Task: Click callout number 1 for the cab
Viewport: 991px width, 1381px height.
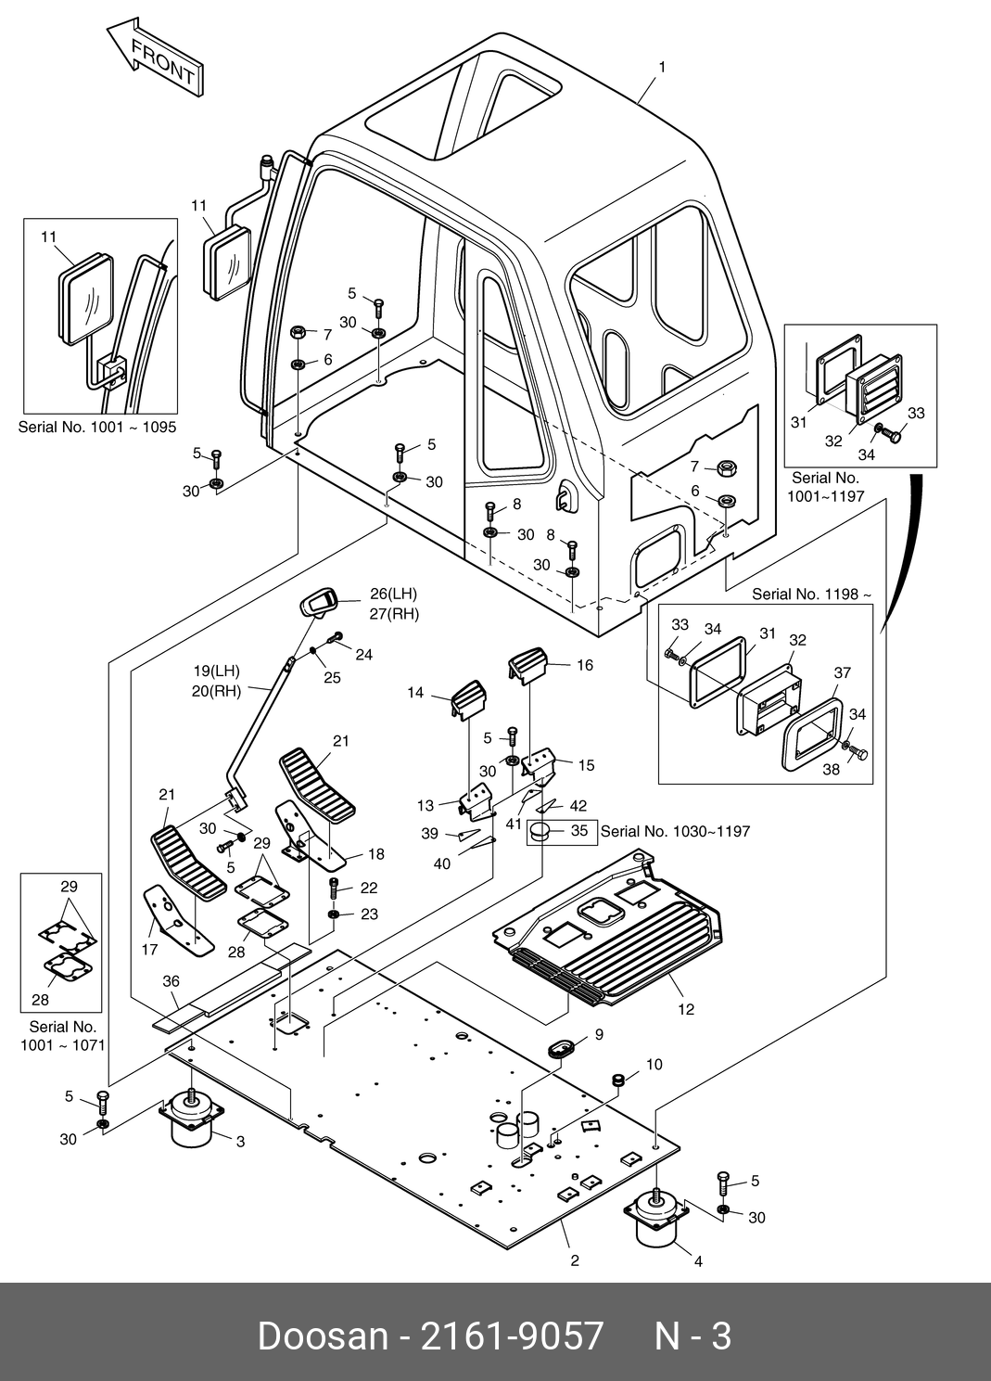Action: [662, 67]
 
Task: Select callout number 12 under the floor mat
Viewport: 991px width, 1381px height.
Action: [685, 1009]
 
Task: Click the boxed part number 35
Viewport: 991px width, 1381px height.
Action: [579, 831]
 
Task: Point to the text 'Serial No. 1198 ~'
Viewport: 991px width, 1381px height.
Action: [811, 594]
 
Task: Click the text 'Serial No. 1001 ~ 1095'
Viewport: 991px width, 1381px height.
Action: [97, 428]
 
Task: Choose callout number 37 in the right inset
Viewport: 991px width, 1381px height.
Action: [842, 672]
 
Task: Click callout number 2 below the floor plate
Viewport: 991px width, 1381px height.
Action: [575, 1260]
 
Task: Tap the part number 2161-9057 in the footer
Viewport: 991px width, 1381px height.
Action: [512, 1336]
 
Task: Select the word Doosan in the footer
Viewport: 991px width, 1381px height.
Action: [322, 1336]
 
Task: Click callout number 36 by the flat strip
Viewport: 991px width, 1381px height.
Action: [171, 980]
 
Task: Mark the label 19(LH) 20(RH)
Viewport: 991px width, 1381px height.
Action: [217, 680]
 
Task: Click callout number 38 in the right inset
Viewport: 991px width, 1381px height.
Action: [832, 769]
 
